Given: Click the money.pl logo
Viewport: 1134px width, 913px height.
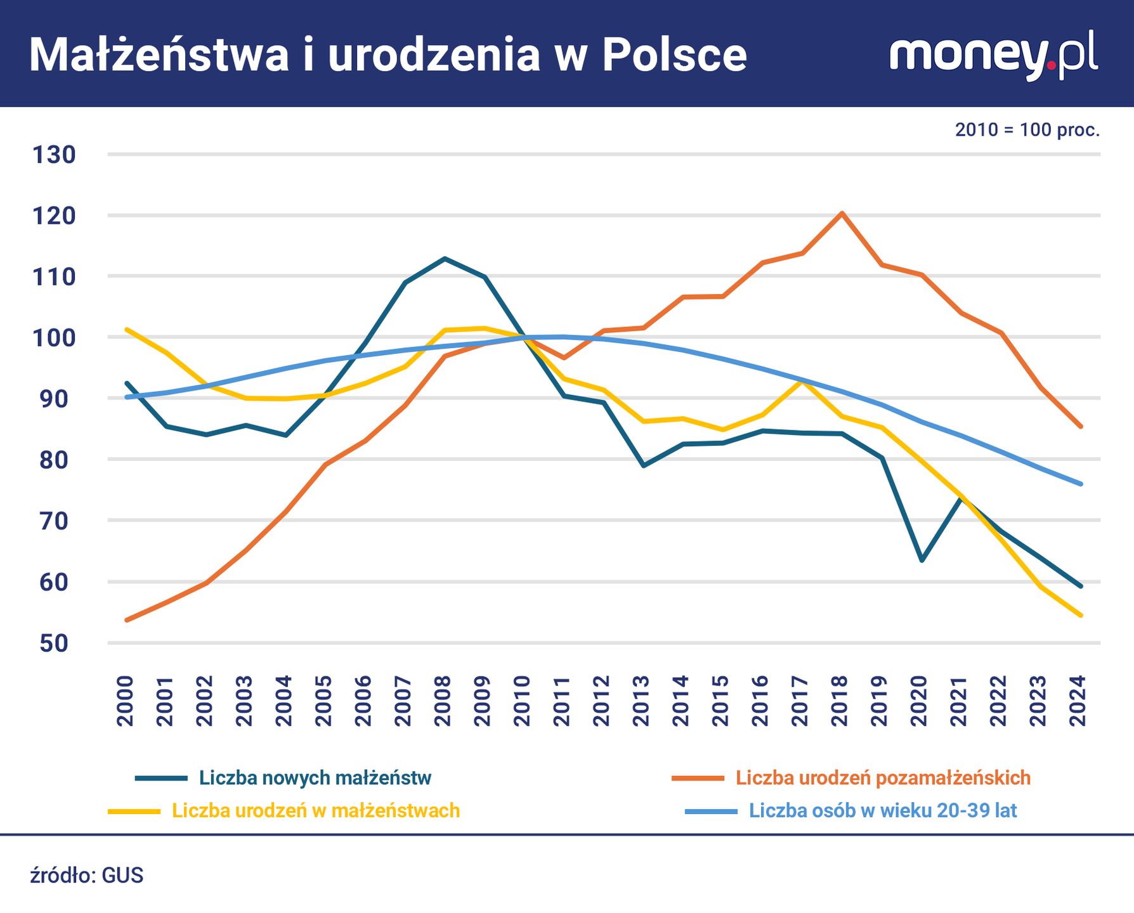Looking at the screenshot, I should pos(993,56).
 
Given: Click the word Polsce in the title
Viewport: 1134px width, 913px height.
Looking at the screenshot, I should pos(674,55).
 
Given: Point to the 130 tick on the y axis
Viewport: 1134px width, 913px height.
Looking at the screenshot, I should pos(54,155).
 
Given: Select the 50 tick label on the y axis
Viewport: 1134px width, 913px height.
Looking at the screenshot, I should pos(54,643).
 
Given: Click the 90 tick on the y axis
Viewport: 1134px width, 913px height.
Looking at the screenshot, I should pos(54,399).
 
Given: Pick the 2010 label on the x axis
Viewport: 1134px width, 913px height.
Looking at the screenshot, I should pos(522,701).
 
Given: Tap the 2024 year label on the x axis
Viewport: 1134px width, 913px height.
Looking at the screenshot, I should pos(1078,701).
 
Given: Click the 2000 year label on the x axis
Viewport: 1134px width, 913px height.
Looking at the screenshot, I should pos(126,701).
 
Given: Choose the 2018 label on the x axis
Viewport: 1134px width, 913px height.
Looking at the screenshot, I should pos(840,701).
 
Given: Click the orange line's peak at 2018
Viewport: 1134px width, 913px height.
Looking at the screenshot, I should pos(842,213).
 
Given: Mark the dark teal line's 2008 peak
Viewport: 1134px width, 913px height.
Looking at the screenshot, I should pos(445,259).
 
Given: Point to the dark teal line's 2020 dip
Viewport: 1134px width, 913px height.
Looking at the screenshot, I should pos(921,560).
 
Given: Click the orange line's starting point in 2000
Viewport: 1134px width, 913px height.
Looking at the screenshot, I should pos(127,619).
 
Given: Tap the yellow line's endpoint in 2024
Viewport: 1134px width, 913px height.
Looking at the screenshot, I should pos(1080,615).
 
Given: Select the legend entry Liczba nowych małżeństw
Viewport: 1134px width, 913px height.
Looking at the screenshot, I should pos(315,778).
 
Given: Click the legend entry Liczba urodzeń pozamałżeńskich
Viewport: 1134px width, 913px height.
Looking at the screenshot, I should pos(882,778).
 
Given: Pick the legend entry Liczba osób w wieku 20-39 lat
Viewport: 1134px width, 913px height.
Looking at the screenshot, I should pos(882,811).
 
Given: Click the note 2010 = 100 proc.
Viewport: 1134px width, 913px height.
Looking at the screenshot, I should pos(1027,130).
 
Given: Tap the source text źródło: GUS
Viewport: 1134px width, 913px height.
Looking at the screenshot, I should pos(87,876).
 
